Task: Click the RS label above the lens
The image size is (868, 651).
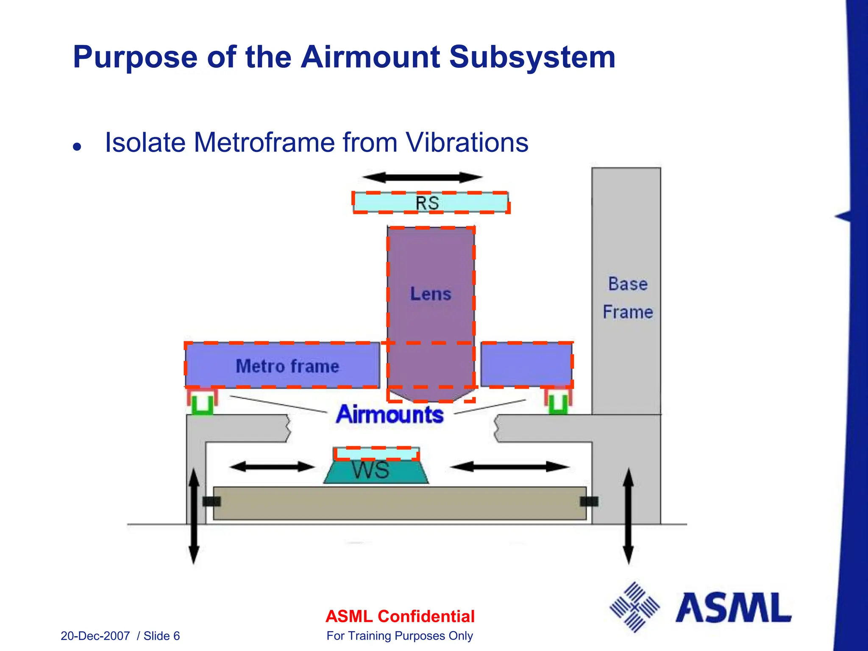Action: point(427,203)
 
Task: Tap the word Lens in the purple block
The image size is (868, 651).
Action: point(431,294)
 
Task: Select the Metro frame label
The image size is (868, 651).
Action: point(287,366)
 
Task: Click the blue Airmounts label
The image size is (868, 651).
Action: point(389,414)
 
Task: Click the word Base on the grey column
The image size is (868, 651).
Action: point(628,284)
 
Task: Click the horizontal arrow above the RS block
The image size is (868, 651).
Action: point(422,177)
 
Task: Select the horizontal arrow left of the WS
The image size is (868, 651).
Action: point(272,467)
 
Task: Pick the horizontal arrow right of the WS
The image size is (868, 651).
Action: point(509,467)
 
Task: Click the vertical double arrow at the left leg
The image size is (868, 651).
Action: point(194,516)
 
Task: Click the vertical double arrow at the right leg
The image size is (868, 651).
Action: point(628,516)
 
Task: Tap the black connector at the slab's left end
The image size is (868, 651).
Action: point(211,502)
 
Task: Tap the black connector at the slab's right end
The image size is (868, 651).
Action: point(589,502)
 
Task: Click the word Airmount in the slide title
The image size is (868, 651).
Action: point(370,57)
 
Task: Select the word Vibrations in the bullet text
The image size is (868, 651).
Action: point(467,142)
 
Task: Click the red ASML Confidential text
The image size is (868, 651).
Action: point(400,616)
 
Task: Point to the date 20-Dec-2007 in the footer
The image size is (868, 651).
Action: point(95,636)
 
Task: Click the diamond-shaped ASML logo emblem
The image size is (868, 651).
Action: point(634,607)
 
